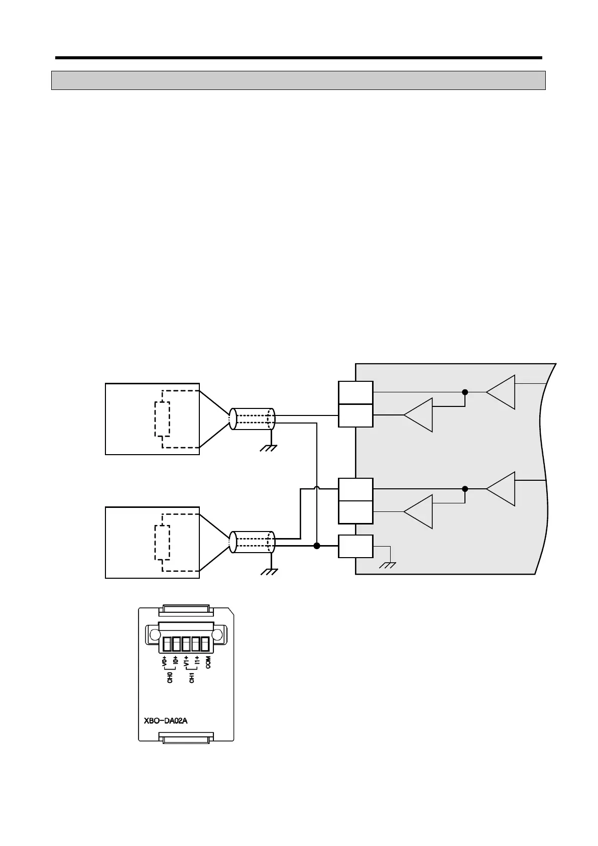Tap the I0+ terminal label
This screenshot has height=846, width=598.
(x=175, y=661)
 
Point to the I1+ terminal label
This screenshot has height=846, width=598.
(x=197, y=661)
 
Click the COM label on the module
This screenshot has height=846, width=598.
(x=208, y=663)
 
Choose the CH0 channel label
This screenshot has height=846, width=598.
(x=170, y=677)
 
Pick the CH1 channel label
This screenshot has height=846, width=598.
(x=192, y=677)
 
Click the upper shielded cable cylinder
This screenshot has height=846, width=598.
(x=252, y=419)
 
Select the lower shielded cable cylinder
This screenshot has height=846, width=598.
(x=252, y=543)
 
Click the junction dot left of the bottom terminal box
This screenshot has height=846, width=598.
(x=317, y=546)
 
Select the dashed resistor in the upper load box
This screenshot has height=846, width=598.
(x=162, y=419)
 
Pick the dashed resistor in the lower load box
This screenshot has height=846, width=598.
(x=162, y=543)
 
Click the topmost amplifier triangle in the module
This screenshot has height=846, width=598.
(x=501, y=392)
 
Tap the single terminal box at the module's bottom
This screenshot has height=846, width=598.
(x=355, y=546)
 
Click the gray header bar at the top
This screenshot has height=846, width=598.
(x=298, y=80)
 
